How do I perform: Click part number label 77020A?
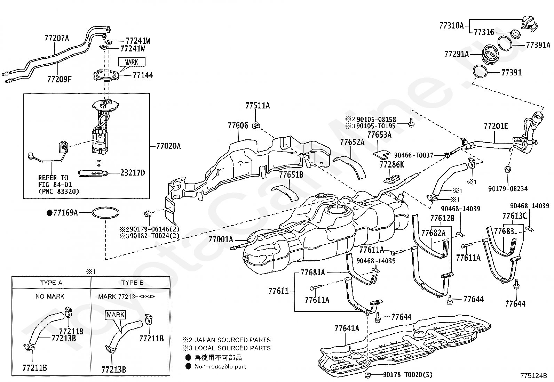click(x=168, y=146)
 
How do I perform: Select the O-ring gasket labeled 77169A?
click(x=105, y=213)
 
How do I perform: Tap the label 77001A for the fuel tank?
click(x=221, y=239)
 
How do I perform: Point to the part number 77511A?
click(x=258, y=106)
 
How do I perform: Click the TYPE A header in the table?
click(x=51, y=283)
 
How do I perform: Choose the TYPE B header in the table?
click(x=132, y=283)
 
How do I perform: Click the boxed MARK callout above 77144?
click(x=132, y=62)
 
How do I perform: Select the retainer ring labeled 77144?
click(x=106, y=75)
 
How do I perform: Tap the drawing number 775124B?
click(x=533, y=375)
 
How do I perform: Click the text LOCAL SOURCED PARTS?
click(x=232, y=348)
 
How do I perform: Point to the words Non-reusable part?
click(x=220, y=366)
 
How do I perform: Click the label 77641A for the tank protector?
click(x=347, y=328)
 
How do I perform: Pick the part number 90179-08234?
click(x=508, y=189)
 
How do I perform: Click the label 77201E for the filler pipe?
click(x=496, y=126)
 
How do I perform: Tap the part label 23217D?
click(x=133, y=173)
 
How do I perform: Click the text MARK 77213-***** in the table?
click(x=127, y=296)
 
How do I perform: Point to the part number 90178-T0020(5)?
click(x=408, y=375)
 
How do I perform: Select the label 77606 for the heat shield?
click(x=238, y=125)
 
